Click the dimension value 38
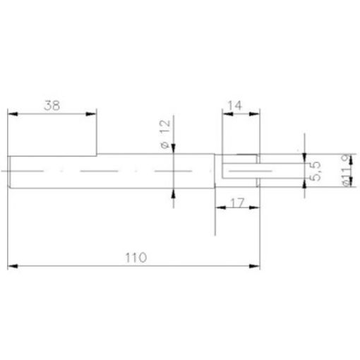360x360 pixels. pyautogui.click(x=52, y=105)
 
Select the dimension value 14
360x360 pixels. pyautogui.click(x=234, y=105)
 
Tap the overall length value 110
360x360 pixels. pyautogui.click(x=136, y=258)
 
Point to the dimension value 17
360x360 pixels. pyautogui.click(x=237, y=203)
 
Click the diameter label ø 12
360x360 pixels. pyautogui.click(x=165, y=133)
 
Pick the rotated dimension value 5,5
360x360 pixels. pyautogui.click(x=315, y=171)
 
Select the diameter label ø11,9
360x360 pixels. pyautogui.click(x=346, y=171)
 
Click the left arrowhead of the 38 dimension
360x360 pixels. pyautogui.click(x=13, y=114)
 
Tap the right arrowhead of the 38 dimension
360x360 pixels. pyautogui.click(x=91, y=114)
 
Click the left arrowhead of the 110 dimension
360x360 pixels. pyautogui.click(x=13, y=266)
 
